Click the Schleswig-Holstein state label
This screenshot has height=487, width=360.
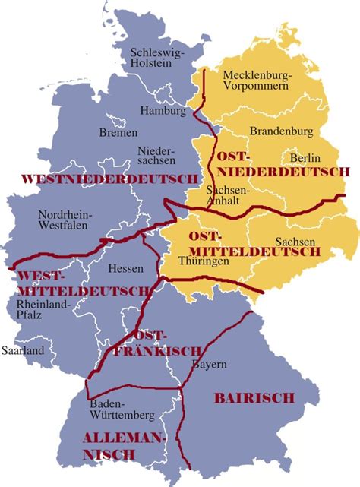tap(158, 59)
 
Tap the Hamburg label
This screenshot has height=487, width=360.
tap(163, 111)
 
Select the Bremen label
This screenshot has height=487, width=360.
tap(118, 132)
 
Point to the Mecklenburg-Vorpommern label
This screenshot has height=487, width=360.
tap(256, 81)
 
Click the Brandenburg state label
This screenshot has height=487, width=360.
tap(280, 130)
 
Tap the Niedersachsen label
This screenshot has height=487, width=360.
tap(156, 155)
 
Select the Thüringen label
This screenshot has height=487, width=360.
tap(204, 261)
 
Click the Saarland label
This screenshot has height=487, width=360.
tap(23, 351)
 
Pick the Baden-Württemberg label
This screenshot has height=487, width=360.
tap(122, 410)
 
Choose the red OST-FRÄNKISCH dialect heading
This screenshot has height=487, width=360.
tap(157, 343)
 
